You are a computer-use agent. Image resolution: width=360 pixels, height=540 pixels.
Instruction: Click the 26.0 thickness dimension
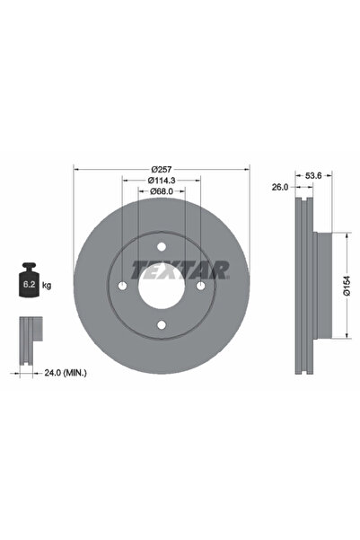click(x=279, y=188)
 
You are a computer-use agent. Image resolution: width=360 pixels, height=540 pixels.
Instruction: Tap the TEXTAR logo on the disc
click(x=180, y=268)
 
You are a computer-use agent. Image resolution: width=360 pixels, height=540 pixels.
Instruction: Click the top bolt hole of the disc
click(x=160, y=248)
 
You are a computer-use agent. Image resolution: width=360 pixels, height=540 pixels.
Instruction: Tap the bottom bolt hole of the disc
click(x=160, y=324)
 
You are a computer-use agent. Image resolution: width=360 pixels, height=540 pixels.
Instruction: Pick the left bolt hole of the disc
click(x=122, y=286)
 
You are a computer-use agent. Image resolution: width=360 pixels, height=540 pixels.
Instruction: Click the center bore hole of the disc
click(x=160, y=288)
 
